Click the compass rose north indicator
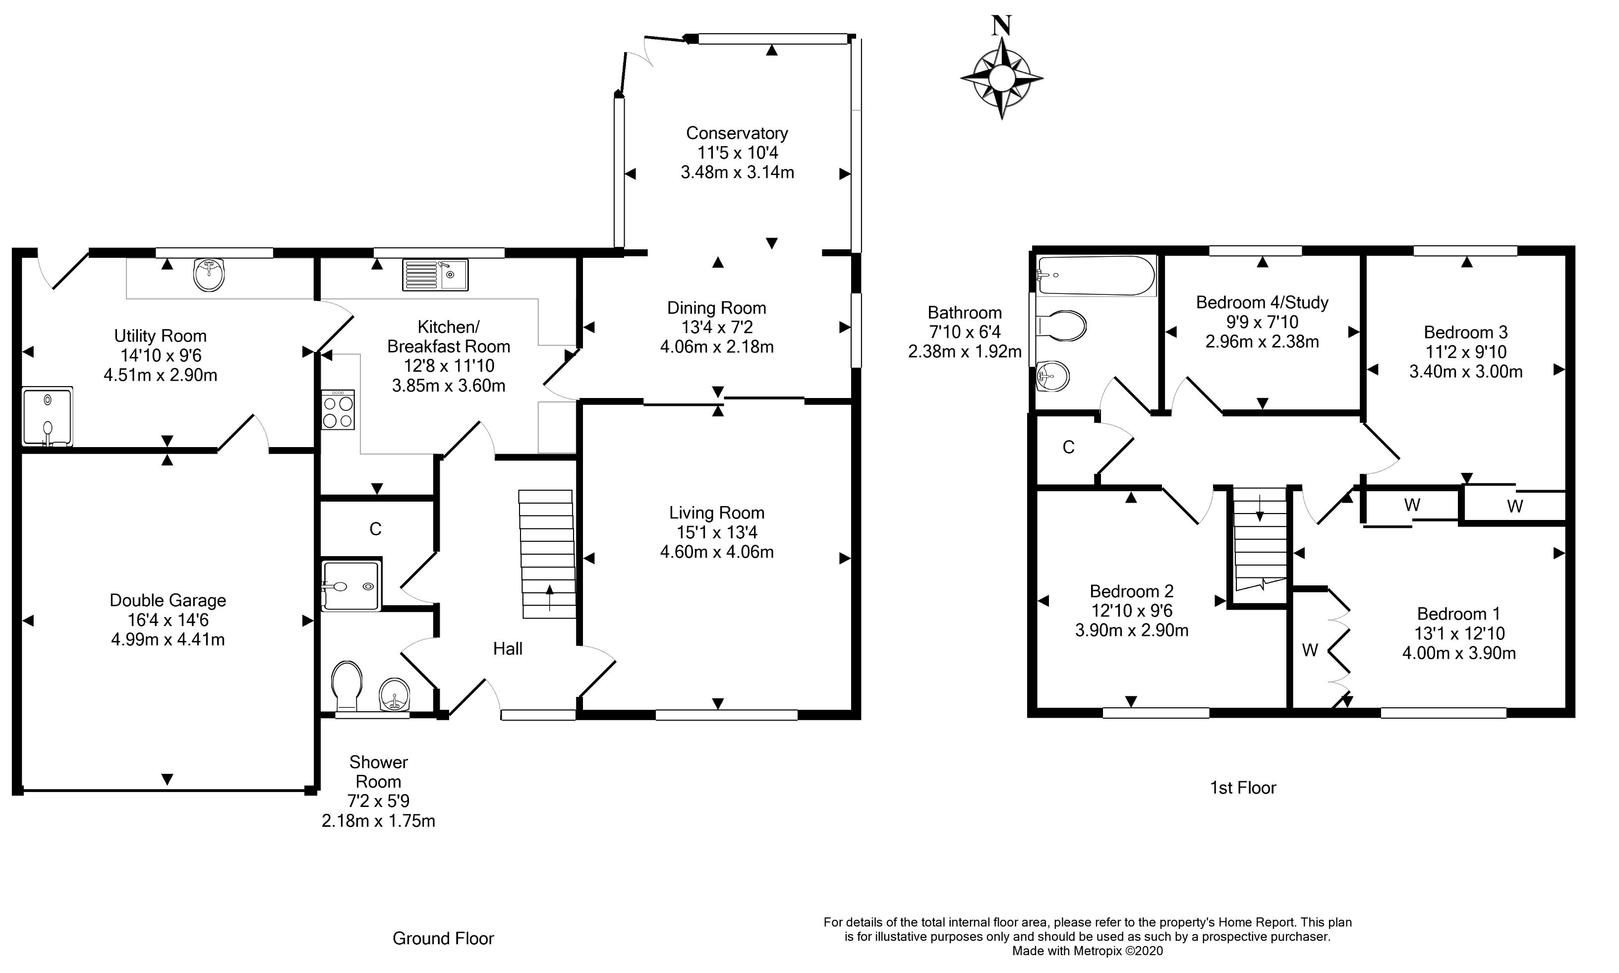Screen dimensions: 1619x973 click(x=1001, y=77)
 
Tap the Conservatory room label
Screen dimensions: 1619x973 click(x=737, y=133)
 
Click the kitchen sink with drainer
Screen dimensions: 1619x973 click(x=435, y=275)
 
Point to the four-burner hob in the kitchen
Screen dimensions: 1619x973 click(x=338, y=410)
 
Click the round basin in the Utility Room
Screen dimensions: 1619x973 click(x=209, y=274)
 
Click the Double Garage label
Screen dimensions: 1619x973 click(x=168, y=601)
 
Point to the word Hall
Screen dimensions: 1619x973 click(x=508, y=649)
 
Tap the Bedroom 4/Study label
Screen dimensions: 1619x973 click(x=1262, y=302)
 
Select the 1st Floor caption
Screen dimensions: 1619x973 click(x=1243, y=788)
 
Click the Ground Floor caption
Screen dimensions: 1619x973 click(x=443, y=939)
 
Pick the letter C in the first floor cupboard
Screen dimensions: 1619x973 click(x=1068, y=447)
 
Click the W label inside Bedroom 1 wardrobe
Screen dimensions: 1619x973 click(x=1310, y=650)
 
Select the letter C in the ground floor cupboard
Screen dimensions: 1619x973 click(x=375, y=529)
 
